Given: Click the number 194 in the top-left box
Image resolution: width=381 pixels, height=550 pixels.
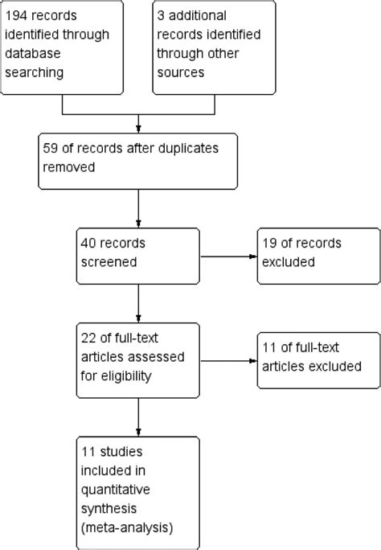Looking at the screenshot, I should pyautogui.click(x=19, y=15).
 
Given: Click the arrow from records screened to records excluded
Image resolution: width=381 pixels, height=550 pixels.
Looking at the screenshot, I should pyautogui.click(x=228, y=257).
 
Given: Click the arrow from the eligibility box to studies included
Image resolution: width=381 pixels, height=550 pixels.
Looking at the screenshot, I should pyautogui.click(x=140, y=417).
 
